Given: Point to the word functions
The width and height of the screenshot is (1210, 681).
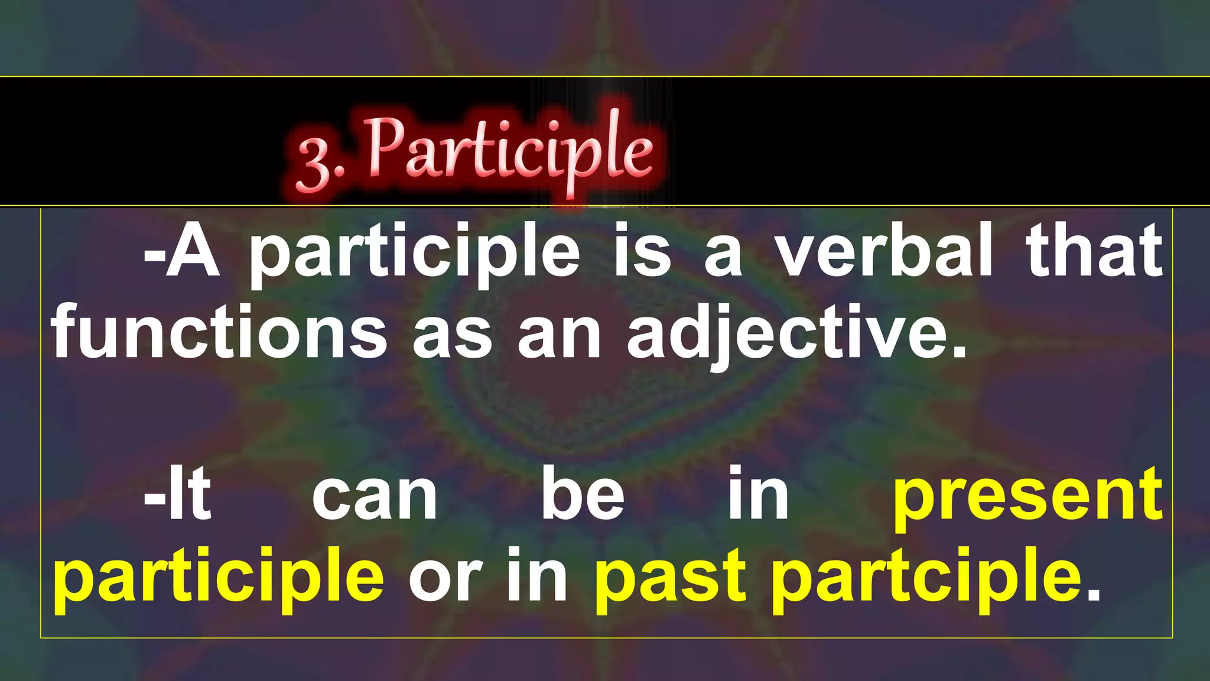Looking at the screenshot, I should click(x=219, y=332).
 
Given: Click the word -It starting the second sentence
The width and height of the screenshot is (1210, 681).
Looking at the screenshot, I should click(x=177, y=493).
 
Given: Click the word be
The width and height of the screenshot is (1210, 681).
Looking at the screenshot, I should click(x=583, y=493).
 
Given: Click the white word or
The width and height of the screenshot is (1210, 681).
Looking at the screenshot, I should click(x=444, y=577).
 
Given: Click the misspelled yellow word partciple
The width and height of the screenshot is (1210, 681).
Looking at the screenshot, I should click(x=926, y=577).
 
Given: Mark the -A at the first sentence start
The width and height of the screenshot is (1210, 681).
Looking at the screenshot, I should click(x=182, y=251).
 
